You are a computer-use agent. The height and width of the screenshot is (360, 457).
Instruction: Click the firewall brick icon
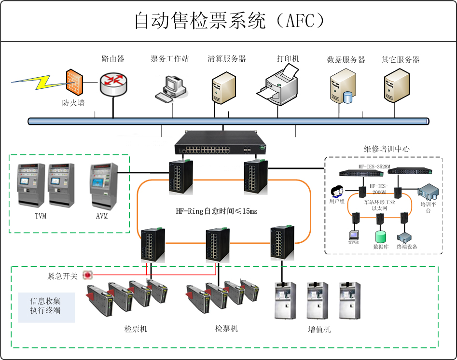pyautogui.click(x=74, y=82)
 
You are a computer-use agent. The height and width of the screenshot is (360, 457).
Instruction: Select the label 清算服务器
pyautogui.click(x=227, y=59)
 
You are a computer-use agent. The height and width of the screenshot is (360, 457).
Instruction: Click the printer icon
pyautogui.click(x=279, y=84)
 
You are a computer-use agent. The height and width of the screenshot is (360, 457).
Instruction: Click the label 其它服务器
pyautogui.click(x=400, y=59)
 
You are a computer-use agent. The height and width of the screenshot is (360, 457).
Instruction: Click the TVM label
pyautogui.click(x=41, y=216)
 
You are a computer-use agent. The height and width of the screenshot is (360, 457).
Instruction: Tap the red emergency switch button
pyautogui.click(x=87, y=275)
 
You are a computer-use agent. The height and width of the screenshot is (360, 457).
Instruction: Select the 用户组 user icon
pyautogui.click(x=336, y=191)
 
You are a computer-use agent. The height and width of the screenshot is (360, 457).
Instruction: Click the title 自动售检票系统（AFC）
pyautogui.click(x=228, y=21)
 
